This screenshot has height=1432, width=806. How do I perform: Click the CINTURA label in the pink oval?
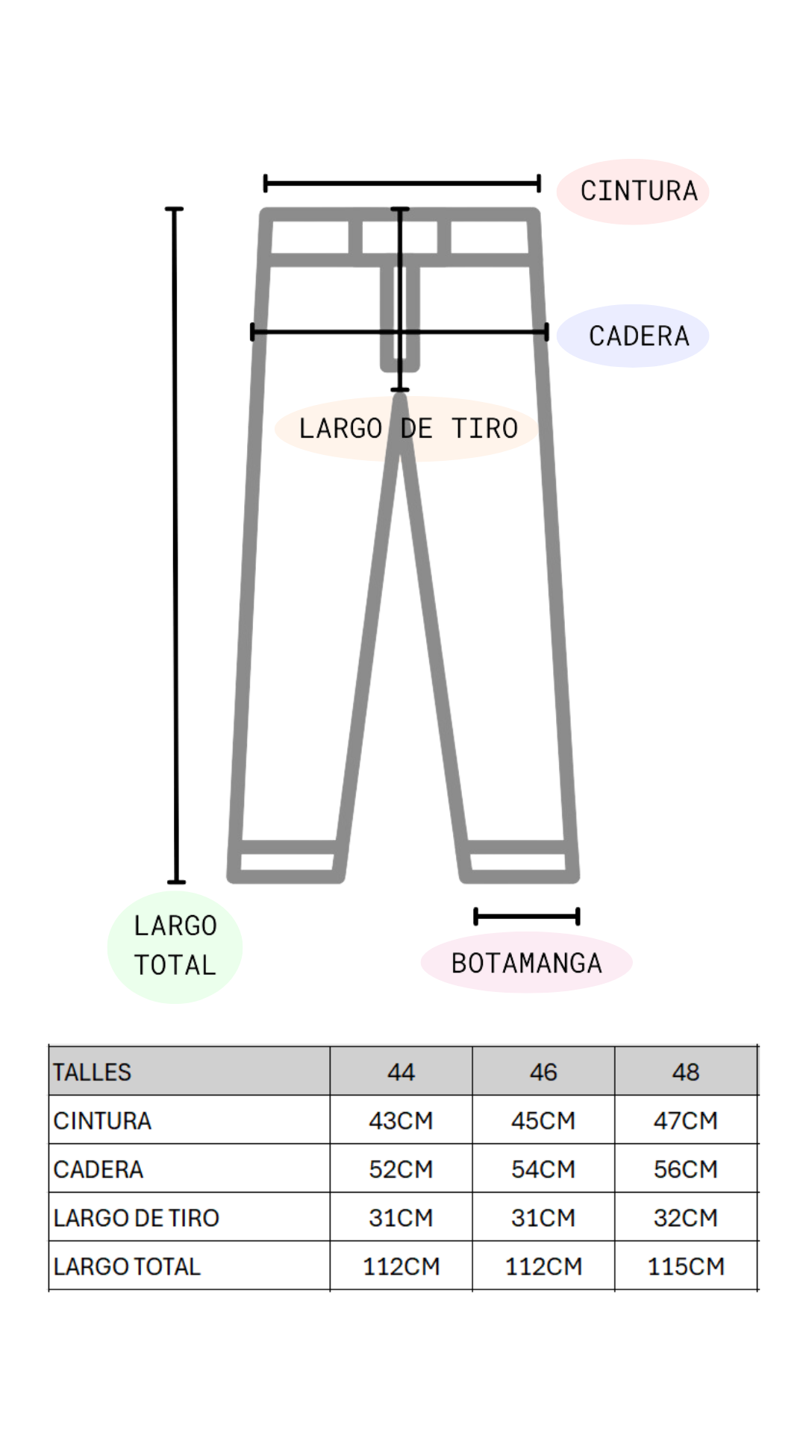pyautogui.click(x=639, y=191)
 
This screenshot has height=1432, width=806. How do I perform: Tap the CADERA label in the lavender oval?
pyautogui.click(x=639, y=336)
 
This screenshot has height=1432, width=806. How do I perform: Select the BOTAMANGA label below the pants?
pyautogui.click(x=526, y=964)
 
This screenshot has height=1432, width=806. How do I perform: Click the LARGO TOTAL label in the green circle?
pyautogui.click(x=175, y=946)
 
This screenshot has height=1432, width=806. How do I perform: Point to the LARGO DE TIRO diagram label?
pyautogui.click(x=408, y=429)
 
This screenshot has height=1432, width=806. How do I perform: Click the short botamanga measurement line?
pyautogui.click(x=527, y=917)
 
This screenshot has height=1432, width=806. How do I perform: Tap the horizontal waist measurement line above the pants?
pyautogui.click(x=402, y=183)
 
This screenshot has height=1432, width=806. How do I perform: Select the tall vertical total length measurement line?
pyautogui.click(x=175, y=545)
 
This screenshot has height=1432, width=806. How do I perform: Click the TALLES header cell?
pyautogui.click(x=92, y=1073)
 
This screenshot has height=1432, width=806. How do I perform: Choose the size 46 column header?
pyautogui.click(x=543, y=1073)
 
